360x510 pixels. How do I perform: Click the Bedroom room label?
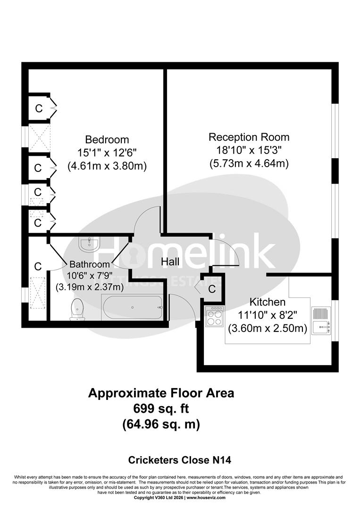(107, 140)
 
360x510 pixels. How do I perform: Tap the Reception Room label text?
(249, 137)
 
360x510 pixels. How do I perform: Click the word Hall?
(170, 262)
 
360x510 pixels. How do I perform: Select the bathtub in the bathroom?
(132, 307)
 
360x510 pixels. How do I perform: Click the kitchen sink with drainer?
(321, 321)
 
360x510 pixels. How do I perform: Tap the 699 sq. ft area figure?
(161, 408)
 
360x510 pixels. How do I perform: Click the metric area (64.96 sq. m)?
(161, 424)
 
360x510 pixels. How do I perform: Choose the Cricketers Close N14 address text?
(180, 459)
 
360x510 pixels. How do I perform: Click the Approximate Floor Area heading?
(161, 393)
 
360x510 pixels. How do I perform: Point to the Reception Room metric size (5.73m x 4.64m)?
(249, 164)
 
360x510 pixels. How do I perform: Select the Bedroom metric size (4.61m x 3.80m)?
(107, 166)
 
